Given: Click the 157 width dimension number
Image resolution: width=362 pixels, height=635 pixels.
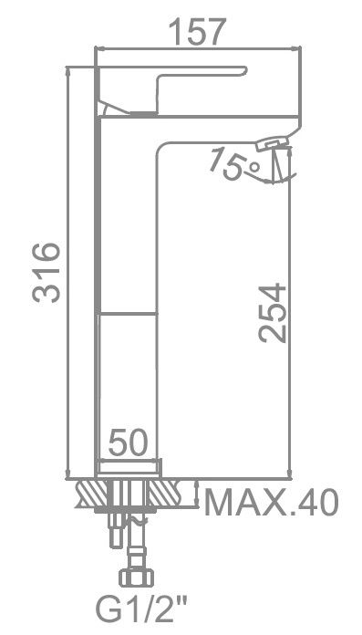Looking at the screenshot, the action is point(197,32).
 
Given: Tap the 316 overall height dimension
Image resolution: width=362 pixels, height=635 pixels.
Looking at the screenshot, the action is point(47,273).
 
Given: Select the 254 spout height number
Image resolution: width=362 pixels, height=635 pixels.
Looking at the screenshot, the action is point(272,314).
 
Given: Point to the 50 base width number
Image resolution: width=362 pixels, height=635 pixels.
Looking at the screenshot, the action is point(128,442).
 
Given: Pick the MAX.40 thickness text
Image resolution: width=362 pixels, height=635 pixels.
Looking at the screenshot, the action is point(272,503).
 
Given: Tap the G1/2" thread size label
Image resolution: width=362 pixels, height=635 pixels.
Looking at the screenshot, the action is point(141,611).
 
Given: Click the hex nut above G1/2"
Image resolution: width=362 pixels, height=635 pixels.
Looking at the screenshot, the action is point(136,578).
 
